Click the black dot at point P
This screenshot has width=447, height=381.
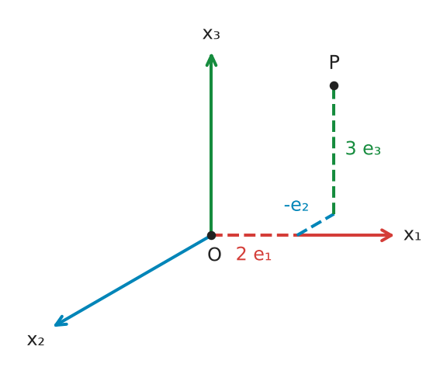[334, 85]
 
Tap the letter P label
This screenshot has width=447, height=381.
[334, 62]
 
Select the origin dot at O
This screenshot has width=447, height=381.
[211, 235]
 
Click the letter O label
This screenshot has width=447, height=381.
[214, 255]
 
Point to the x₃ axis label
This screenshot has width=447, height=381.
[211, 34]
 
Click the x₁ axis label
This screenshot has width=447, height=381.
[412, 235]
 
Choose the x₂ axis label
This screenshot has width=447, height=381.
[36, 340]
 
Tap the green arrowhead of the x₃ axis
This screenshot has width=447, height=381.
[211, 60]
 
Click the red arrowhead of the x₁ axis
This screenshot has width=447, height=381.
[387, 235]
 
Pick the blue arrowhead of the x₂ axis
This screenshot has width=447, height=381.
[60, 321]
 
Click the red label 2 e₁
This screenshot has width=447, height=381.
[254, 255]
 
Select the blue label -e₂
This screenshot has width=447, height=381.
[296, 205]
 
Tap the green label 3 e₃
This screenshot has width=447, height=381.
[363, 148]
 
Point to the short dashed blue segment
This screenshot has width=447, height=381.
[315, 224]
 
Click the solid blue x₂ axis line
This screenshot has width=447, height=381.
[133, 280]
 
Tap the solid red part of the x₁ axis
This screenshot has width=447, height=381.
[345, 235]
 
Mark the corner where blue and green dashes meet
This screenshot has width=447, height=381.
[334, 214]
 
